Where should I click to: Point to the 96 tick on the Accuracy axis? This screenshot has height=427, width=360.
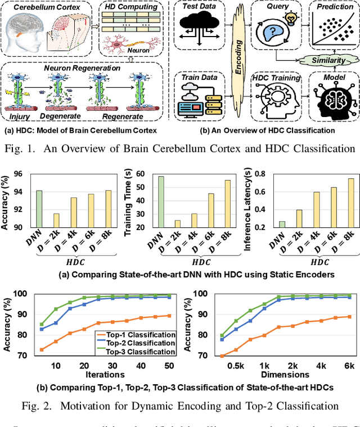(x=20, y=159)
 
